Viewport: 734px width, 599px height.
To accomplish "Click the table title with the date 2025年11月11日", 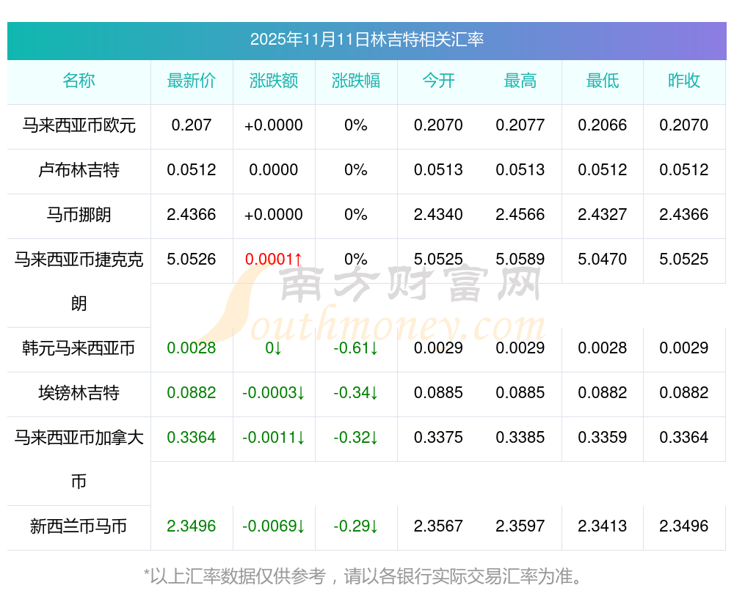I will (x=366, y=40).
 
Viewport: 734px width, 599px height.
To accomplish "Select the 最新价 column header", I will (x=192, y=81).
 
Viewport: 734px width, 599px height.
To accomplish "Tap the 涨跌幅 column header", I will (x=356, y=81).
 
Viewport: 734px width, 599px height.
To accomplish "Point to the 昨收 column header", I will (x=684, y=81).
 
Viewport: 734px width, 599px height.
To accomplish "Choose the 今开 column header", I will (x=438, y=81).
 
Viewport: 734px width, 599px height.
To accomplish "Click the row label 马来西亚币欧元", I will (x=79, y=125).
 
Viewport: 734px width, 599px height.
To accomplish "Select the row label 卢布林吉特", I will (x=79, y=170).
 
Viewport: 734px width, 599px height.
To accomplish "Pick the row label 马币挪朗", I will (x=79, y=215).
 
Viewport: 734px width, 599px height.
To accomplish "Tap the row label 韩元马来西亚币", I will (x=79, y=348).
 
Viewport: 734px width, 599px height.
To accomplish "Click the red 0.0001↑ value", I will (x=274, y=260).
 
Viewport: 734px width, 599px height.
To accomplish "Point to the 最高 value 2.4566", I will (x=520, y=215).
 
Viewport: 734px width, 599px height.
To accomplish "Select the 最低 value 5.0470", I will (x=603, y=260).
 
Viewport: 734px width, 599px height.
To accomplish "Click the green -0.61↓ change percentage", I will (x=356, y=348).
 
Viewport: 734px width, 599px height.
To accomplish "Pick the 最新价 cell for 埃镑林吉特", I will (x=192, y=393).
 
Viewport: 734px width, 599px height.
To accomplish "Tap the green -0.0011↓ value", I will (x=274, y=438).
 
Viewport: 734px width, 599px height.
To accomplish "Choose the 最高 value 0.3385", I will (x=520, y=438).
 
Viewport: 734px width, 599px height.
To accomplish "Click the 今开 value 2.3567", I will (x=438, y=526).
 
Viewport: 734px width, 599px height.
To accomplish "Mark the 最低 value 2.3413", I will (x=603, y=526).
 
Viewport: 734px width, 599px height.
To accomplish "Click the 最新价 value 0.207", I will (x=192, y=125).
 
